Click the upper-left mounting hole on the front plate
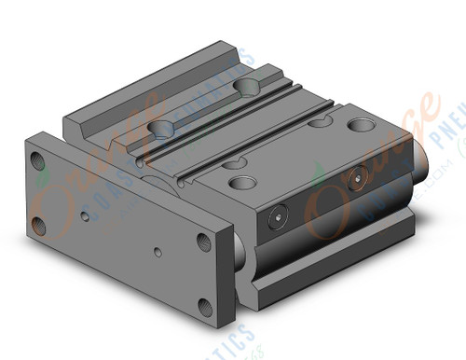pos(39,160)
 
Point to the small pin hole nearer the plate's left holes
pos(86,215)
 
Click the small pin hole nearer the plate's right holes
pos(158,253)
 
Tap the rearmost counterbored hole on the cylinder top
pos(248,87)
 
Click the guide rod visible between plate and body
pos(240,249)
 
